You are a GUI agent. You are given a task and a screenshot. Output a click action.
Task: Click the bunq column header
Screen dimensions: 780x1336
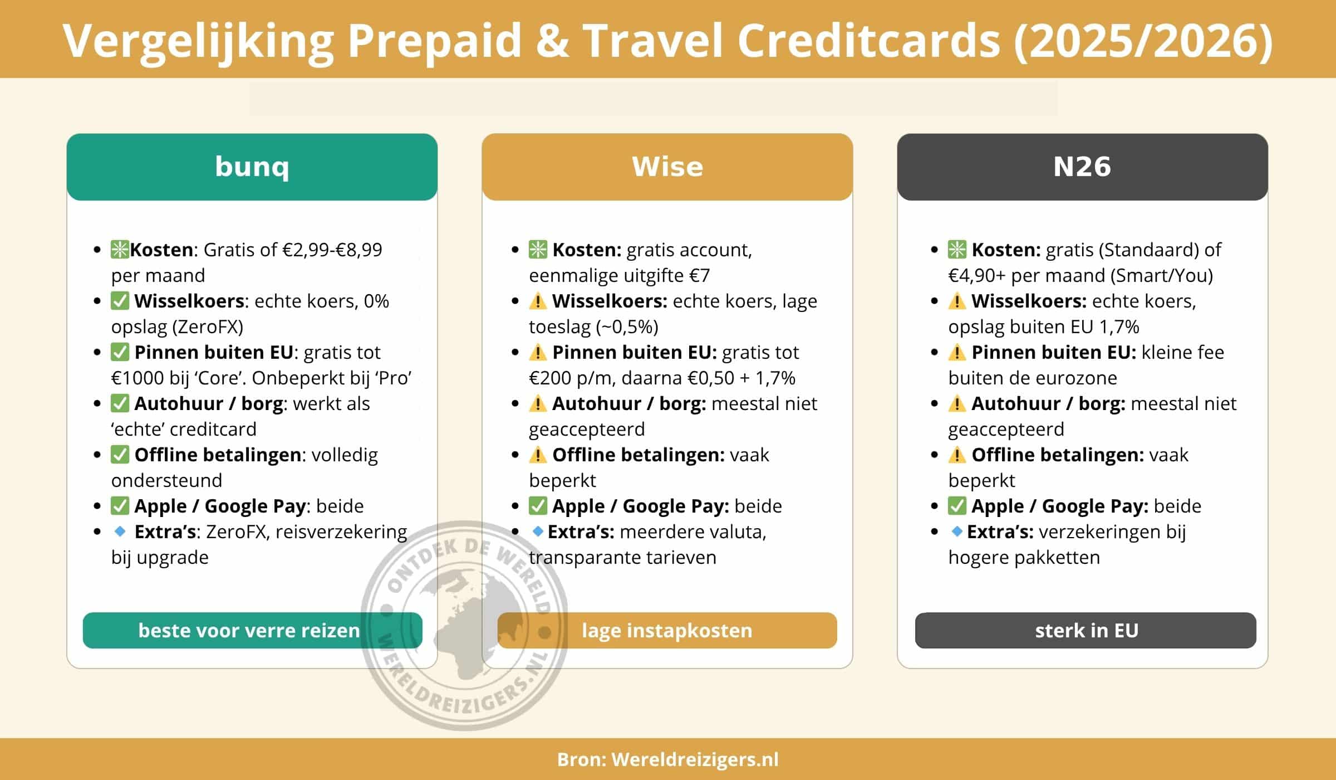[x=252, y=167]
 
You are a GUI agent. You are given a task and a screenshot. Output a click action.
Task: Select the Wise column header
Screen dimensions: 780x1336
[x=667, y=167]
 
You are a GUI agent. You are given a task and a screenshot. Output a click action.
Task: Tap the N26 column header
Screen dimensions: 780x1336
[x=1082, y=167]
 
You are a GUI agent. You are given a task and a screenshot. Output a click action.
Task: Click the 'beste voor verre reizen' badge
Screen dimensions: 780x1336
[x=252, y=630]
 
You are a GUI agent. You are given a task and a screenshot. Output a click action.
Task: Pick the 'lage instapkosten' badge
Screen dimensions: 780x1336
[x=667, y=630]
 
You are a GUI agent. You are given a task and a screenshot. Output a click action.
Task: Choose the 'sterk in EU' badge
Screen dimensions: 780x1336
[x=1085, y=630]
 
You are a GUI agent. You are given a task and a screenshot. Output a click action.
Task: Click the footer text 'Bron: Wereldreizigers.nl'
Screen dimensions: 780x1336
[x=667, y=759]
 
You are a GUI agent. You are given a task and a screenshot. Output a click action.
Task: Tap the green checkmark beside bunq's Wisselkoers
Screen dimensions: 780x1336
[x=120, y=301]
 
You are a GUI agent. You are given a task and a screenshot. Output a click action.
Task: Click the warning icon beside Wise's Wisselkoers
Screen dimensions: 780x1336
[x=538, y=301]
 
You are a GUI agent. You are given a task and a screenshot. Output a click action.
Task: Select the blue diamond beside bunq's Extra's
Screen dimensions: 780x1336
[x=120, y=532]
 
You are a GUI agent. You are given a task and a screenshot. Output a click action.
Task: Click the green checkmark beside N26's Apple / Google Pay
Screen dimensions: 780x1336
[x=957, y=506]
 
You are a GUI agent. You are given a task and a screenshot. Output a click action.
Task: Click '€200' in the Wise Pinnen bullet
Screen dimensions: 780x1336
[x=551, y=378]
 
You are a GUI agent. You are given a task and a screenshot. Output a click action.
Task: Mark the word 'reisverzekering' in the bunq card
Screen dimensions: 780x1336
[x=341, y=532]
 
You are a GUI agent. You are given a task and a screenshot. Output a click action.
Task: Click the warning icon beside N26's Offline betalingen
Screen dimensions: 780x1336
[x=957, y=455]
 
